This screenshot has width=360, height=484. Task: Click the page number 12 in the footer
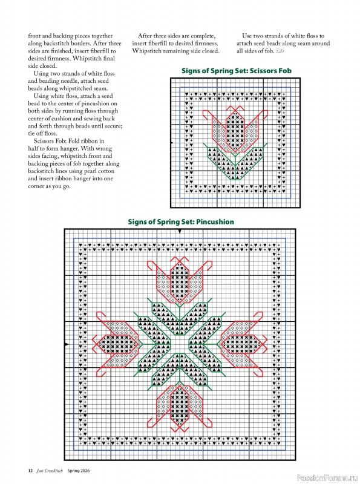[30, 471]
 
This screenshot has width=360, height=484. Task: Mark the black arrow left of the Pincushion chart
[66, 345]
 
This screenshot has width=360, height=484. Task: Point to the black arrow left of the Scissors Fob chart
[173, 143]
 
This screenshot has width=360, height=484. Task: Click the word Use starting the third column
[248, 36]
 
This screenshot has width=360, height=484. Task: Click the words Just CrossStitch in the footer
[50, 471]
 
